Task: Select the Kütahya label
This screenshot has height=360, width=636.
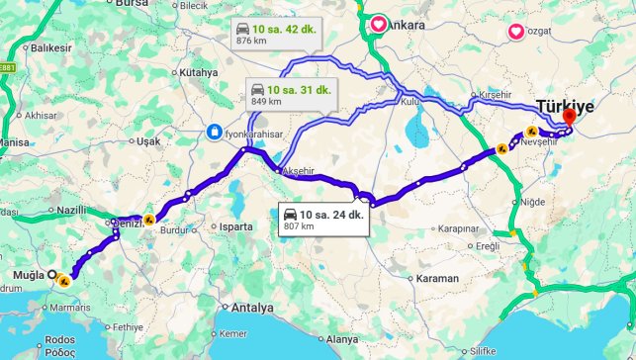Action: point(198,72)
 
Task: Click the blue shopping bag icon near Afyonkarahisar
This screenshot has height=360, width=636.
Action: point(215,132)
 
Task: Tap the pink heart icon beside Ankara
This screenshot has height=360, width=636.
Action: point(379,24)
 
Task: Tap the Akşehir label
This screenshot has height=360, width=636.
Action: point(302,169)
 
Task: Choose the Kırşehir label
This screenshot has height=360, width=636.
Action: point(499,93)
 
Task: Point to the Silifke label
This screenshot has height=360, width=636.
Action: point(483,351)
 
